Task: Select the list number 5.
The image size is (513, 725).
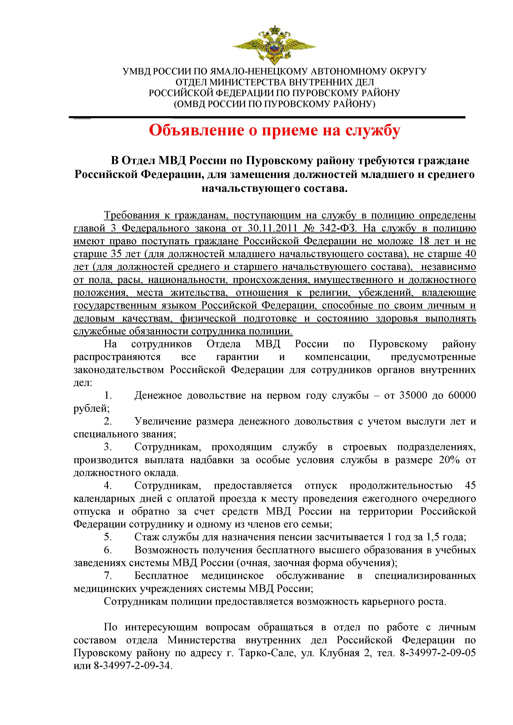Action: coord(108,537)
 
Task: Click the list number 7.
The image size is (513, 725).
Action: coord(108,576)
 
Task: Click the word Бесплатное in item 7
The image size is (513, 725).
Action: coord(161,576)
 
